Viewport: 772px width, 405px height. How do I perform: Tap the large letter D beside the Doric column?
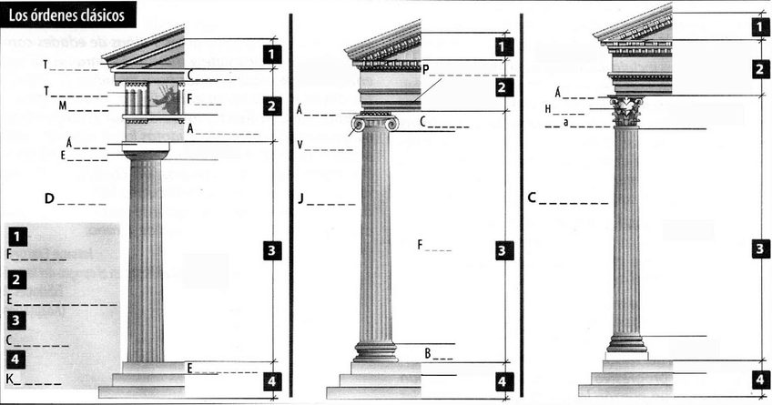pyautogui.click(x=49, y=197)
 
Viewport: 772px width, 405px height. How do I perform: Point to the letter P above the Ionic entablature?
pyautogui.click(x=426, y=68)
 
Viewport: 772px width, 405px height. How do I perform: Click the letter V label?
pyautogui.click(x=300, y=145)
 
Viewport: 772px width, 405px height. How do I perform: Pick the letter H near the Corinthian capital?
pyautogui.click(x=548, y=109)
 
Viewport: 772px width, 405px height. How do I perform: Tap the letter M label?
pyautogui.click(x=63, y=106)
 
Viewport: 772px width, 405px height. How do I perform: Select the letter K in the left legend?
pyautogui.click(x=9, y=380)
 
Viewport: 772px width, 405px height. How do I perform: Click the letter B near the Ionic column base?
pyautogui.click(x=427, y=352)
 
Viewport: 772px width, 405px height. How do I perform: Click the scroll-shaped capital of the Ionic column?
pyautogui.click(x=375, y=124)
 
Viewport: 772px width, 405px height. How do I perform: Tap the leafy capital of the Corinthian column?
pyautogui.click(x=626, y=113)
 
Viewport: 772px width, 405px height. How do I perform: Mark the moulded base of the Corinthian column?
pyautogui.click(x=626, y=343)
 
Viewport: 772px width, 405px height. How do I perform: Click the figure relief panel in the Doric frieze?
pyautogui.click(x=165, y=98)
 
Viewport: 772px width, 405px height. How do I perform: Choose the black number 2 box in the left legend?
pyautogui.click(x=19, y=278)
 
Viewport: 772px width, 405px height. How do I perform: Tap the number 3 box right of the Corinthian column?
pyautogui.click(x=759, y=248)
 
